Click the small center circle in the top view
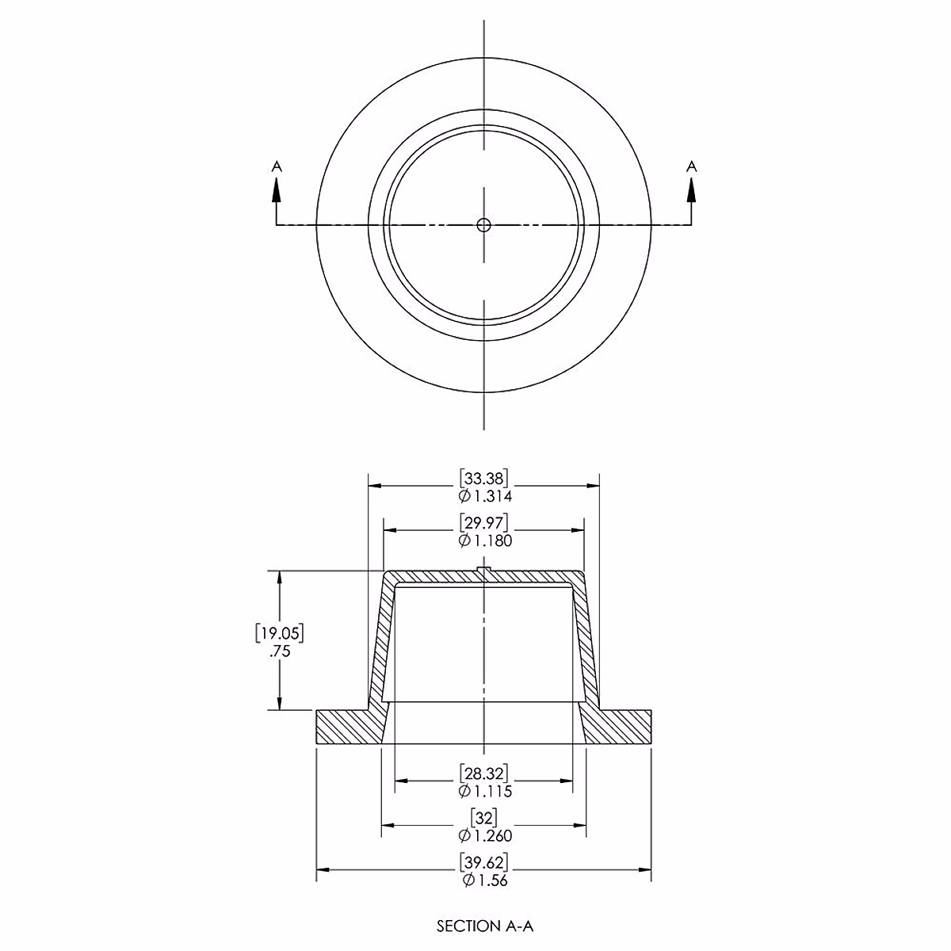coord(483,225)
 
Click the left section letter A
coord(277,166)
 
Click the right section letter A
coord(691,166)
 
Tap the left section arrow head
coord(277,190)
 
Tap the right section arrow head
coord(691,190)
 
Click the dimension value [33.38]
coord(483,478)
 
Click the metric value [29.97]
coord(483,522)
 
